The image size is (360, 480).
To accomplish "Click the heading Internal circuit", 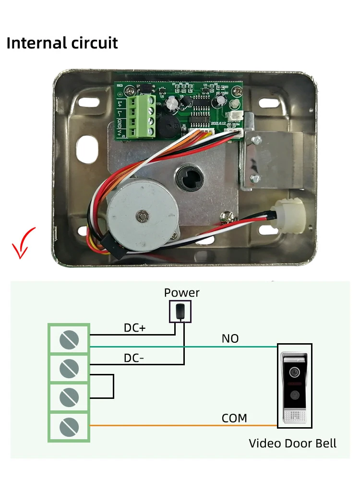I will click(x=62, y=43).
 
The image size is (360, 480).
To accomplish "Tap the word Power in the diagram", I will click(x=181, y=292).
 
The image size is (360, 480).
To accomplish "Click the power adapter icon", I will click(x=180, y=311).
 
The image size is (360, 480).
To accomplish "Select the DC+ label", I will click(x=134, y=328).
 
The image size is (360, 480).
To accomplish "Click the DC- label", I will click(x=134, y=358).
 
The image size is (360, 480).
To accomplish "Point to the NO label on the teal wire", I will click(x=230, y=338).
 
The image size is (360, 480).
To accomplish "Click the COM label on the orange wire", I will click(x=234, y=418).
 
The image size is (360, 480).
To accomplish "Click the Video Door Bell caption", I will click(x=292, y=443).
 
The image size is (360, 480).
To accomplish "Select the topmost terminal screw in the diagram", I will click(x=69, y=340).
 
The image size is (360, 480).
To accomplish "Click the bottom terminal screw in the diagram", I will click(x=69, y=426).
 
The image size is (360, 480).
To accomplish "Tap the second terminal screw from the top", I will click(x=69, y=369).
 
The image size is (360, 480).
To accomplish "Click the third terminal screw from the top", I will click(x=69, y=397).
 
